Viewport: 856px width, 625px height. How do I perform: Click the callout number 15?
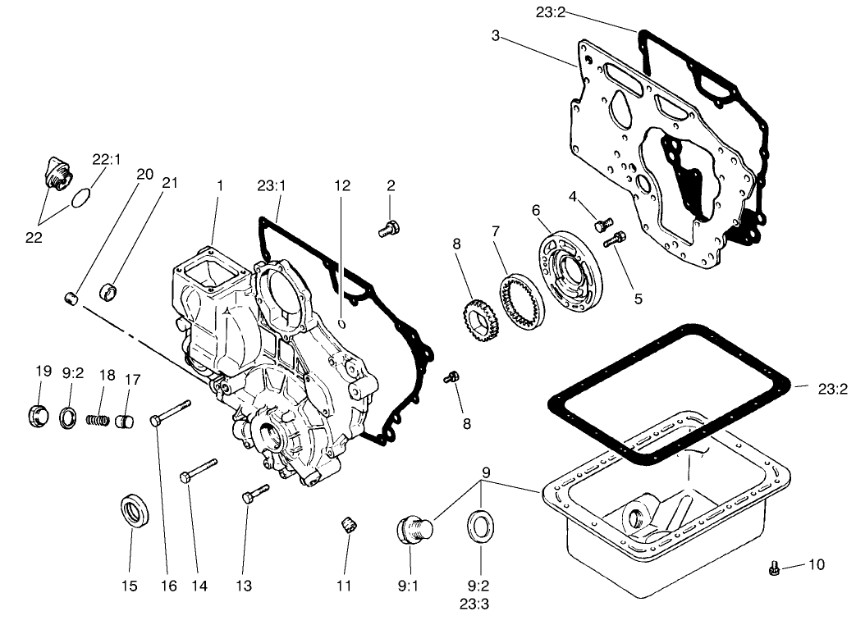pos(130,586)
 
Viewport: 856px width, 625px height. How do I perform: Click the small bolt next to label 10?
pos(773,568)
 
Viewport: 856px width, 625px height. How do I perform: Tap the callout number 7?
pos(496,232)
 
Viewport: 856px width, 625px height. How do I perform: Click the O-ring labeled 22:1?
pos(80,198)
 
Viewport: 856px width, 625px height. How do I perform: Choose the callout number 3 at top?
pos(495,35)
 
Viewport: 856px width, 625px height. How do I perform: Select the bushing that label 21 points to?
pos(108,290)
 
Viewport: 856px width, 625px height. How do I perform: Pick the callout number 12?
pos(341,186)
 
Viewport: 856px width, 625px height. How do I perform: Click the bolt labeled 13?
pos(255,492)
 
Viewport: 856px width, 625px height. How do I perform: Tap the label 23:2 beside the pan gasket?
pos(832,389)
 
